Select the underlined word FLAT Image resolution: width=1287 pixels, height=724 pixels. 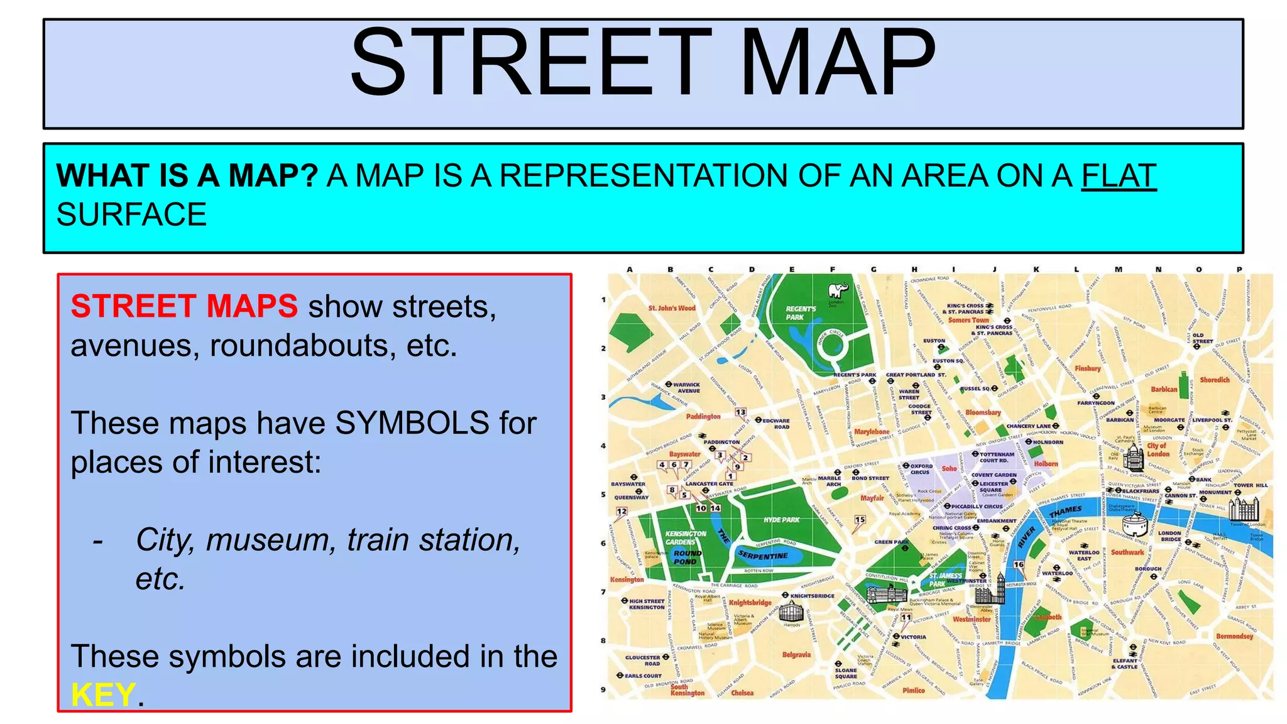(1119, 176)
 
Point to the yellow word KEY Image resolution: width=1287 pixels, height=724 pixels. (103, 695)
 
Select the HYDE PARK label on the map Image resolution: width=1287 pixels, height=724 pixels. (782, 520)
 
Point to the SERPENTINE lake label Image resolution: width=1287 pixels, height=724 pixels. (763, 556)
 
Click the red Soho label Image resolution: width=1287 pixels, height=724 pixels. (949, 468)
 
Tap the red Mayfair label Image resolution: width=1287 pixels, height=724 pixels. (872, 498)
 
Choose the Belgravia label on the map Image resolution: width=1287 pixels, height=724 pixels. (796, 655)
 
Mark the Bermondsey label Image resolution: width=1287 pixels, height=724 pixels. (1234, 636)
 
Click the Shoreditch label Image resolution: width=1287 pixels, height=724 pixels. (1214, 380)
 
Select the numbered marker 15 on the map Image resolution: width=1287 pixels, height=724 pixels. (860, 520)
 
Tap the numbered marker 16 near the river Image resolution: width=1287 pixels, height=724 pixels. (1019, 564)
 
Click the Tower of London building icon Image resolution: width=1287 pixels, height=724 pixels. (1244, 508)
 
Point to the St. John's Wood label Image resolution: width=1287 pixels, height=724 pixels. (672, 308)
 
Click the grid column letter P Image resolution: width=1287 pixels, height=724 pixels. (1239, 270)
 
